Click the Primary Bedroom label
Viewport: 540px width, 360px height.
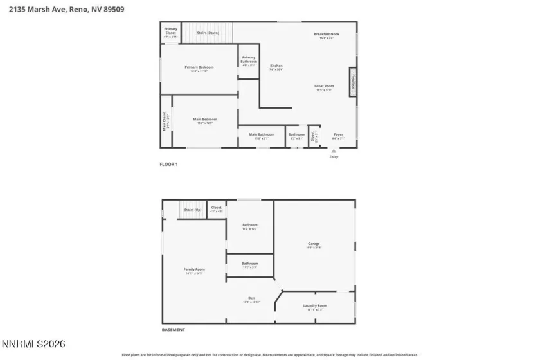click(x=199, y=67)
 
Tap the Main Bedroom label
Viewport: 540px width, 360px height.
click(x=205, y=120)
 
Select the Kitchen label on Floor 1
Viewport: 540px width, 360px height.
click(x=276, y=66)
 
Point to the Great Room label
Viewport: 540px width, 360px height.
click(x=323, y=86)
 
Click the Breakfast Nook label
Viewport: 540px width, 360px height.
click(x=327, y=34)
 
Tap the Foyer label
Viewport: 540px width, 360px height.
click(x=338, y=134)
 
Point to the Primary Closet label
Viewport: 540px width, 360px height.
click(x=170, y=29)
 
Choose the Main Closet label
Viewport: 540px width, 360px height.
click(x=165, y=120)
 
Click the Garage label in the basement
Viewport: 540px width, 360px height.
click(x=314, y=244)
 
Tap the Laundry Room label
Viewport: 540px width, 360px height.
click(x=315, y=306)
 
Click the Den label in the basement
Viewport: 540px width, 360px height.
click(x=251, y=298)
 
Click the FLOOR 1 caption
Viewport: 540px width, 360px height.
click(x=168, y=165)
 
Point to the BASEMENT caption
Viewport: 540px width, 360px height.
click(x=173, y=330)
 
